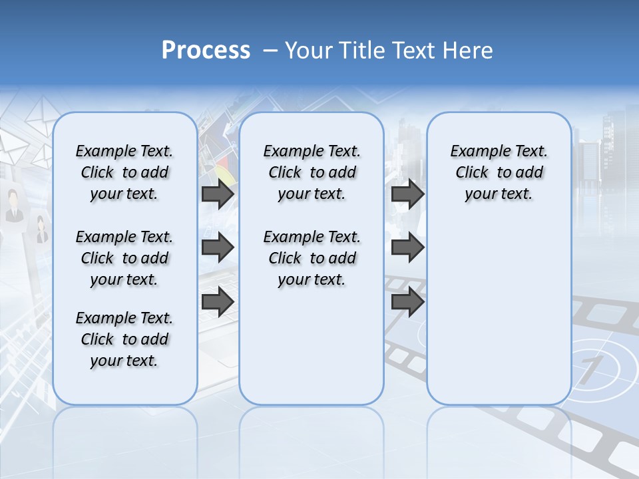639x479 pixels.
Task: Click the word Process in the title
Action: pyautogui.click(x=206, y=51)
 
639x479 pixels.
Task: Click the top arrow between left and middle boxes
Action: pyautogui.click(x=218, y=194)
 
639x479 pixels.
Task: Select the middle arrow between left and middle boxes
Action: pyautogui.click(x=218, y=247)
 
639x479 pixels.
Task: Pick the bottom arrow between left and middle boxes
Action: pyautogui.click(x=218, y=302)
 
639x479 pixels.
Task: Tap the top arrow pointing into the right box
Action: pyautogui.click(x=407, y=194)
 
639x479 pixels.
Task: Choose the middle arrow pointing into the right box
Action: pyautogui.click(x=407, y=247)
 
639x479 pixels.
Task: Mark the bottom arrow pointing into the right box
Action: pyautogui.click(x=407, y=302)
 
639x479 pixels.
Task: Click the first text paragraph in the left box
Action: pyautogui.click(x=124, y=172)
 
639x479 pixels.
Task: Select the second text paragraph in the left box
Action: pyautogui.click(x=124, y=258)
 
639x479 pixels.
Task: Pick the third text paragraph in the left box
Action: pyautogui.click(x=124, y=339)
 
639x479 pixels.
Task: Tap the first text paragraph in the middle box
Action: pyautogui.click(x=312, y=172)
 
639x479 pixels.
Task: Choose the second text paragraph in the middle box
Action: pyautogui.click(x=312, y=258)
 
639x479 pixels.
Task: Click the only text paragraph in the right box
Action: pyautogui.click(x=499, y=172)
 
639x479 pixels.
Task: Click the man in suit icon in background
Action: pyautogui.click(x=13, y=205)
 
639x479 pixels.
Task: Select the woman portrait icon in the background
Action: pyautogui.click(x=41, y=230)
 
